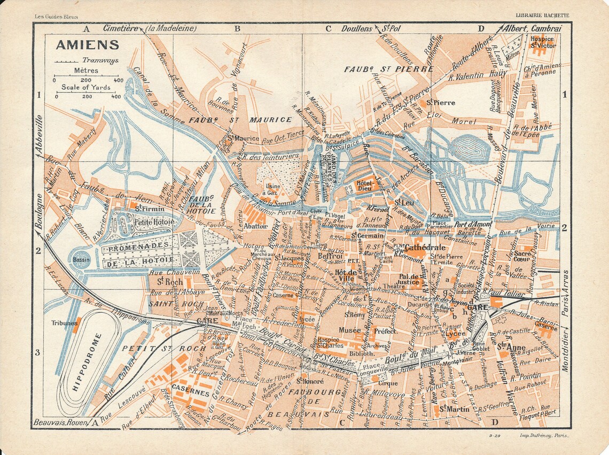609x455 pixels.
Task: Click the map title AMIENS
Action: [80, 44]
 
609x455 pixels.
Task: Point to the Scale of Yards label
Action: [85, 87]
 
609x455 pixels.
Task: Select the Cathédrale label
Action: [425, 248]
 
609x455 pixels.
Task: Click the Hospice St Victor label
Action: [543, 42]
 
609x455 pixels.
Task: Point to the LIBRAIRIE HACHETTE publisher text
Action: [542, 16]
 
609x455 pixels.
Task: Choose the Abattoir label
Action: [255, 226]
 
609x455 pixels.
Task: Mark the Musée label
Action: [349, 330]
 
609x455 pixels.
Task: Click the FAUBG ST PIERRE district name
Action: [388, 69]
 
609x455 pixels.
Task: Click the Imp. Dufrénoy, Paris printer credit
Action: [544, 436]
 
